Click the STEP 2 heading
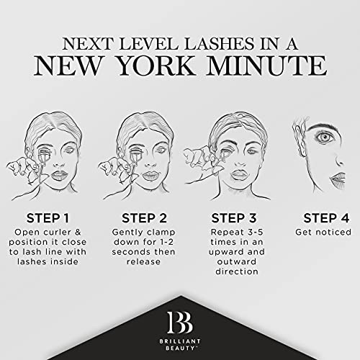(144, 217)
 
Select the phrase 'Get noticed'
(323, 233)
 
